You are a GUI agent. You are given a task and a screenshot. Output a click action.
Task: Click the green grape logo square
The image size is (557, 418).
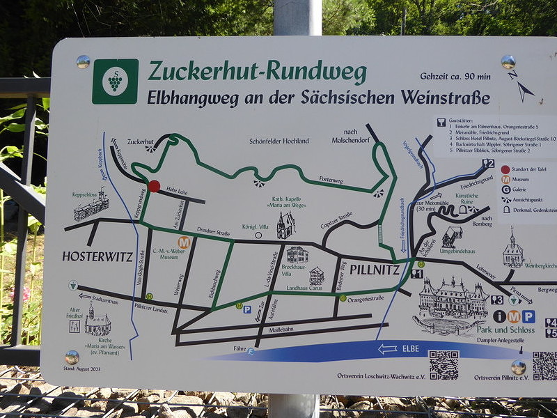(x=115, y=82)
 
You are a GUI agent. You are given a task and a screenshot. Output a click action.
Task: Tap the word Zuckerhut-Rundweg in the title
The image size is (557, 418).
(x=257, y=71)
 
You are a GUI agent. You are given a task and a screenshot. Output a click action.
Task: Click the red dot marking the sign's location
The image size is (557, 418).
(x=154, y=186)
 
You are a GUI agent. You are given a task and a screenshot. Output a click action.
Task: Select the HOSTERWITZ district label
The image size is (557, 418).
(x=97, y=256)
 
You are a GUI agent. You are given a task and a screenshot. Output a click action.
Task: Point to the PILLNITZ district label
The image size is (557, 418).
(x=375, y=268)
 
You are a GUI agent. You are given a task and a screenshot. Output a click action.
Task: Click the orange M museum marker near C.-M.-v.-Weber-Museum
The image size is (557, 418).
(x=184, y=242)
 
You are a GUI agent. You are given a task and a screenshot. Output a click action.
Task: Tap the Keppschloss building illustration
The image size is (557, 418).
(x=91, y=207)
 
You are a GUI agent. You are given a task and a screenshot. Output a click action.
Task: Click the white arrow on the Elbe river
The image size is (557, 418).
(x=387, y=349)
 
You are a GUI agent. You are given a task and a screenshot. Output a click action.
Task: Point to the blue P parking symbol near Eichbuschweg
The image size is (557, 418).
(x=247, y=309)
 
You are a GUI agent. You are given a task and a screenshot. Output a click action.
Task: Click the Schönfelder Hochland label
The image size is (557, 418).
(x=278, y=141)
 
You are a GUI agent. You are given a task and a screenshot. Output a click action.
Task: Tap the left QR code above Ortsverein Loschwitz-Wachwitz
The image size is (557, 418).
(x=444, y=364)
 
